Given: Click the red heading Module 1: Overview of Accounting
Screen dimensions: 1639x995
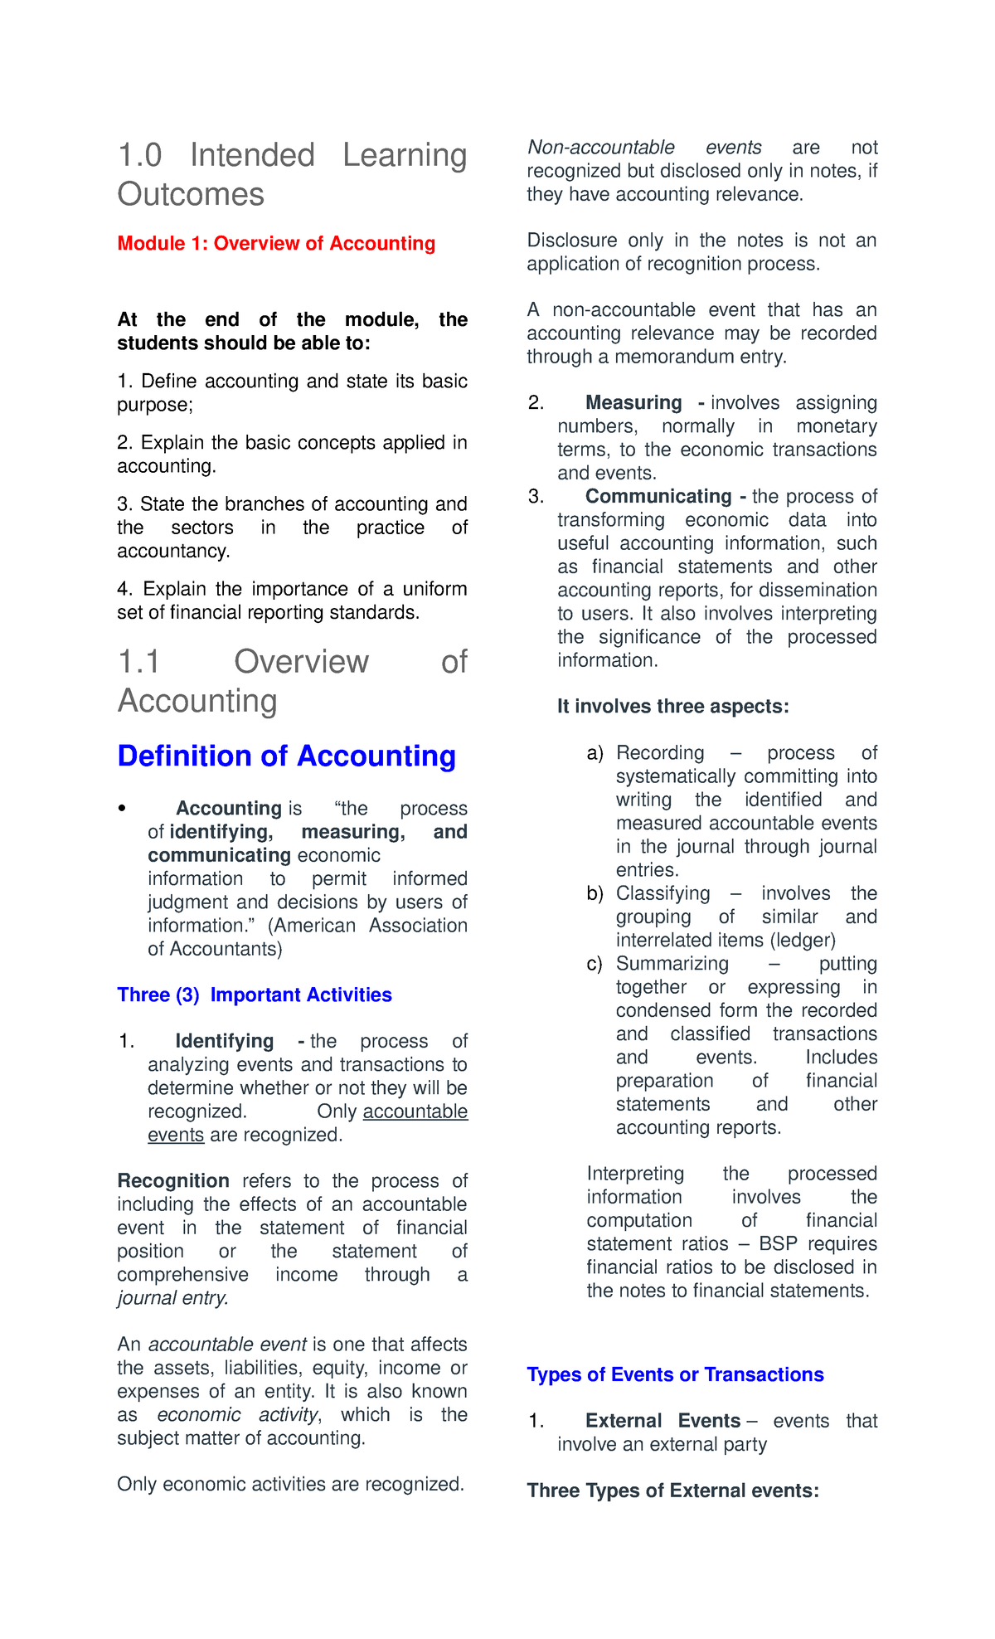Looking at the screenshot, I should (x=276, y=244).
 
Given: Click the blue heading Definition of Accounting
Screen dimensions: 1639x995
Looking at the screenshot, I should (x=286, y=756).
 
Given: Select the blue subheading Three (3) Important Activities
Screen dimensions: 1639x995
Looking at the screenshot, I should (x=255, y=995).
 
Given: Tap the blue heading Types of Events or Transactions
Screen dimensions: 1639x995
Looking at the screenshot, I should (x=675, y=1375).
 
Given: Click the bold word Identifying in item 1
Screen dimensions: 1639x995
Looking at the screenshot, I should (x=224, y=1042).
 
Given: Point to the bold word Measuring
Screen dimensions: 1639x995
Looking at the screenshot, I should (x=633, y=403).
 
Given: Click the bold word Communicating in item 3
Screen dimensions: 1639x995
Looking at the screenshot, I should (x=658, y=497).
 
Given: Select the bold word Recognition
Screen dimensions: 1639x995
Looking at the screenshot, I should (x=173, y=1181).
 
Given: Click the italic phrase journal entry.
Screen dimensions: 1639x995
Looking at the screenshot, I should (x=172, y=1298).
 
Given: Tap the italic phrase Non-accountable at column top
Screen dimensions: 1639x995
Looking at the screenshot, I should (x=601, y=148).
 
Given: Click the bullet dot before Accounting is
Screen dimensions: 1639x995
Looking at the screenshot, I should (x=122, y=809).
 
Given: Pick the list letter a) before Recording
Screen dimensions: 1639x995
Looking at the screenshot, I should (x=595, y=754).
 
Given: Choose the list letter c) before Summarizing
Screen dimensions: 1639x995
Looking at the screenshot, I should (x=594, y=965).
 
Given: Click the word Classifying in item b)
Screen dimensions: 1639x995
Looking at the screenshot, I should (x=663, y=894).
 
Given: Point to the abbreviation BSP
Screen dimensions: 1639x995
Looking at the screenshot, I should (x=778, y=1244).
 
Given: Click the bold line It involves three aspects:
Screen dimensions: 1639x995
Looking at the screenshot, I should (x=672, y=707).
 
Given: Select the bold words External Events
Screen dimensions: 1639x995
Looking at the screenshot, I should (x=663, y=1422).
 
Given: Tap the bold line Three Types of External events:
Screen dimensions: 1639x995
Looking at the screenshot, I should (x=672, y=1491).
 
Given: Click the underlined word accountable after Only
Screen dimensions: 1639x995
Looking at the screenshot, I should (x=415, y=1112).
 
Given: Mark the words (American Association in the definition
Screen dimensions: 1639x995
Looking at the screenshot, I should (x=367, y=926).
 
